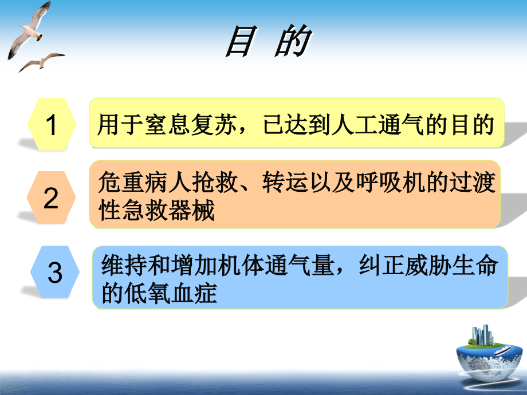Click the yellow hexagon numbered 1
coord(52,124)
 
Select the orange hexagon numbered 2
coord(52,197)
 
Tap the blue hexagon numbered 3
coord(55,272)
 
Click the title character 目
coord(241,43)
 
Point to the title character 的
coord(292,43)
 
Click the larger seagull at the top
coord(29,29)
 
